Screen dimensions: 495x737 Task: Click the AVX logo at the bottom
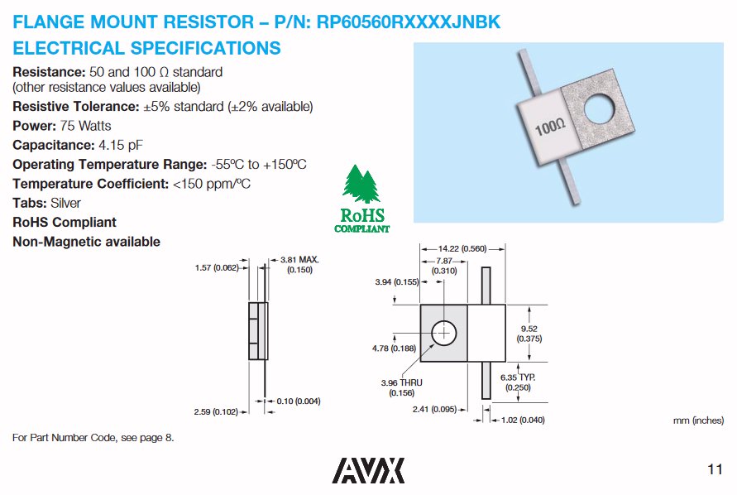pos(369,469)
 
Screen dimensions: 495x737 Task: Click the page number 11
pos(715,470)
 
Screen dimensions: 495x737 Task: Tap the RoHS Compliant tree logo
pos(361,199)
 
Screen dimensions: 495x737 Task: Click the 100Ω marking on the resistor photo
pos(549,127)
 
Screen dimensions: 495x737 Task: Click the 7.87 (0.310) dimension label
pos(446,266)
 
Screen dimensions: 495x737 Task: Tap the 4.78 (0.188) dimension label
pos(392,348)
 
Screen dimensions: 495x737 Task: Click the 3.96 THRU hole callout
pos(401,387)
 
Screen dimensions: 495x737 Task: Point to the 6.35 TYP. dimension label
pos(518,382)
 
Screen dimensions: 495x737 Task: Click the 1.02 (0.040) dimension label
pos(523,420)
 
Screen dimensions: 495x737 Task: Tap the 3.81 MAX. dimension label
pos(299,264)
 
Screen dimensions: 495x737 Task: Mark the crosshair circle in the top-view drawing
pos(445,333)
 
